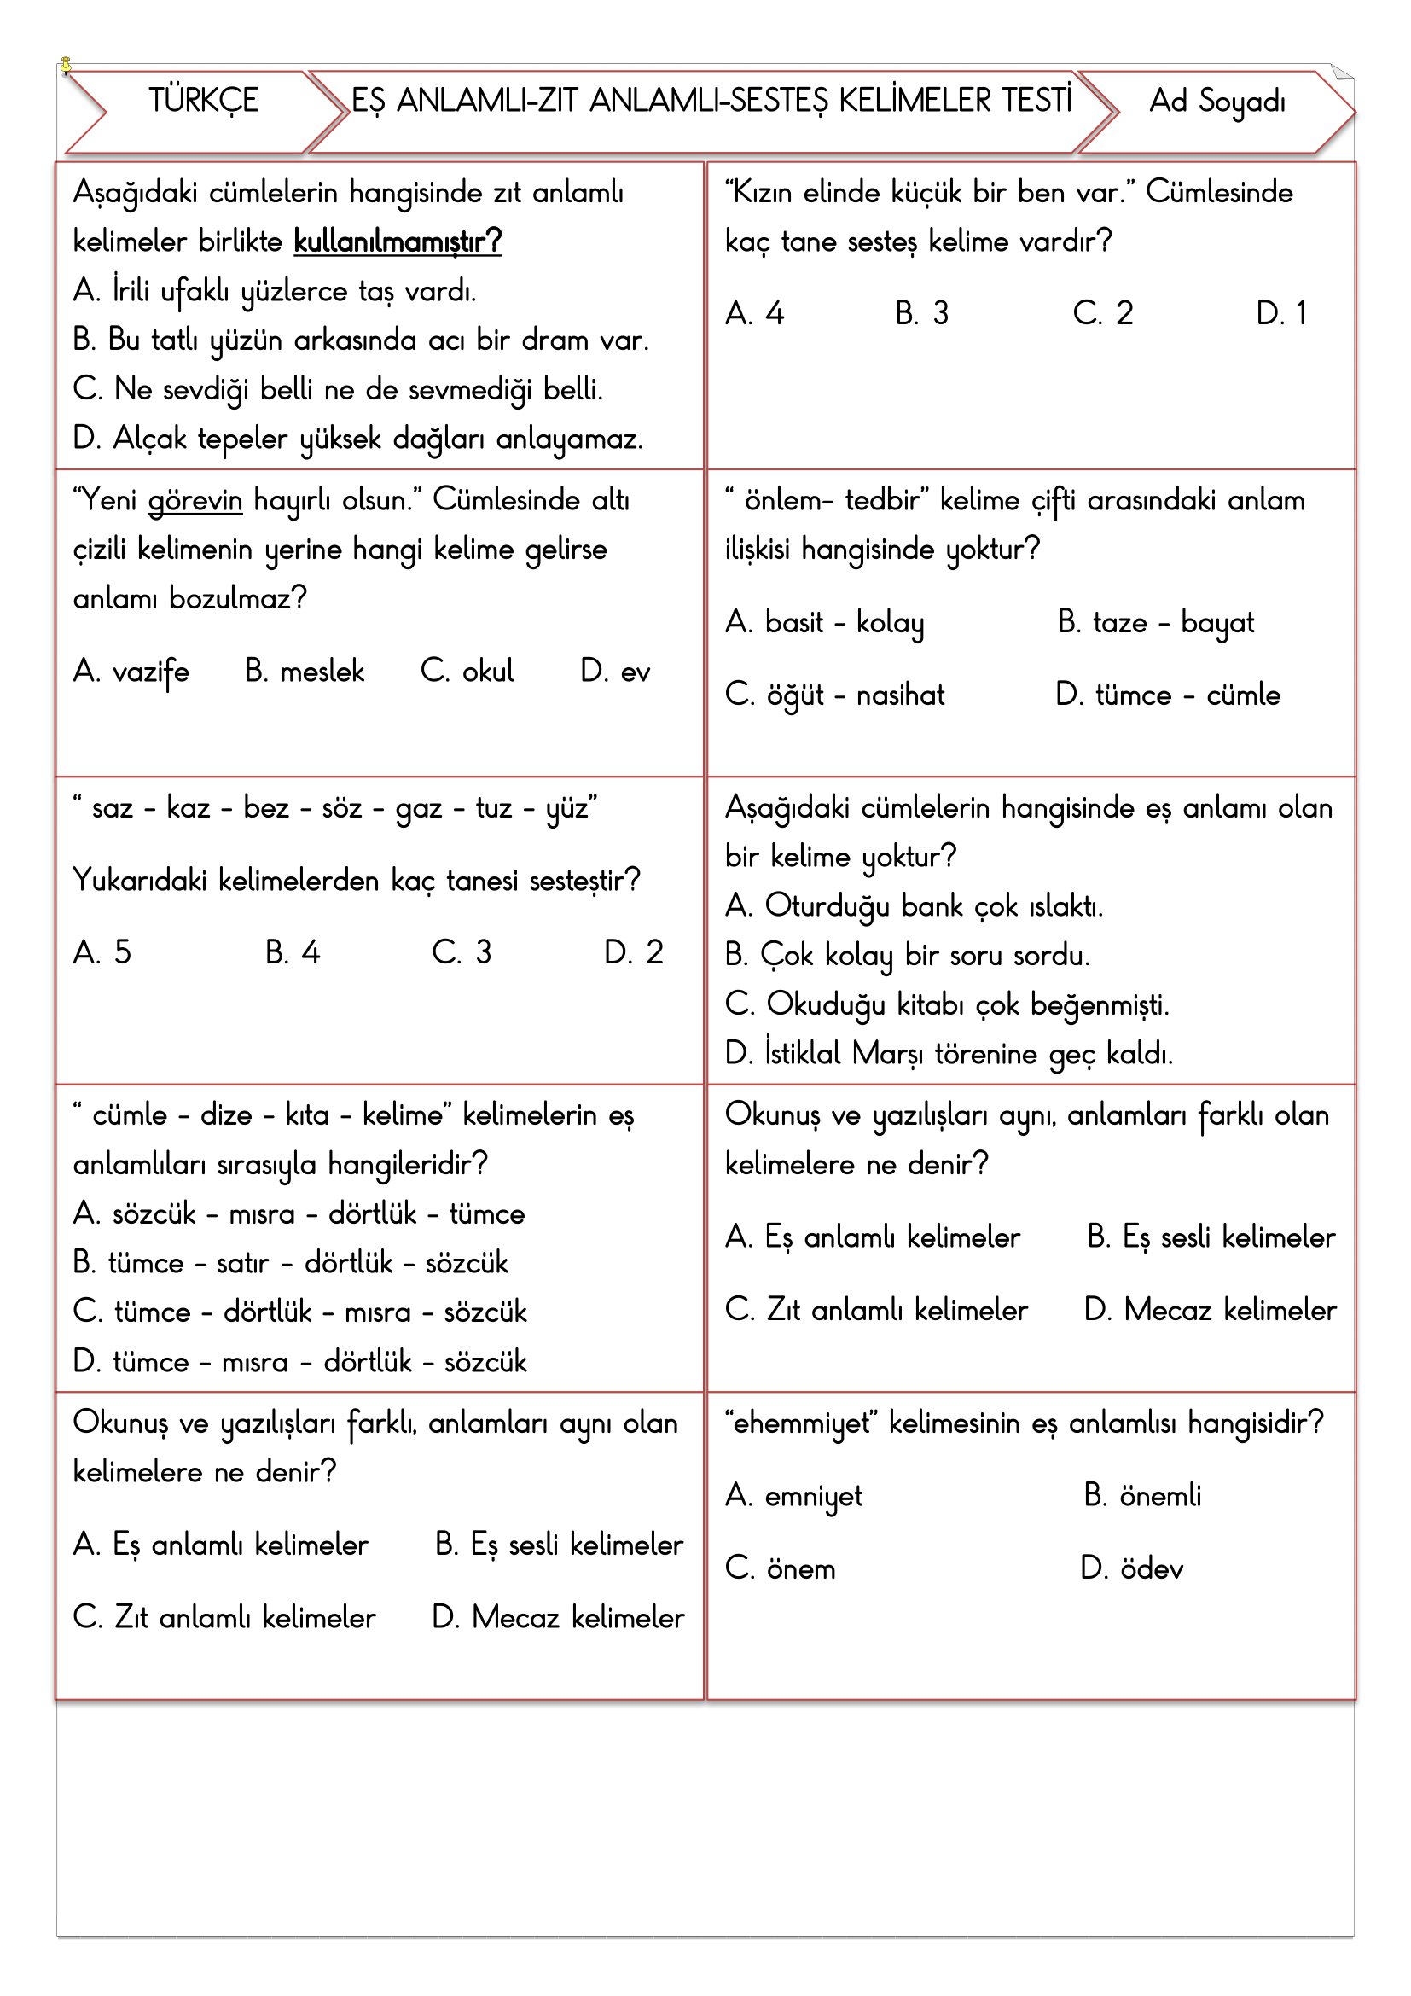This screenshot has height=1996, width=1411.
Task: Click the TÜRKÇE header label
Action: pos(203,101)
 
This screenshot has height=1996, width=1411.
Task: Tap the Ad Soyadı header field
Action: pos(1216,102)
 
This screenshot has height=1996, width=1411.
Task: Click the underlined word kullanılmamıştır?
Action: pos(398,241)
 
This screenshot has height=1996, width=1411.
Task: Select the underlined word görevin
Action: pos(195,502)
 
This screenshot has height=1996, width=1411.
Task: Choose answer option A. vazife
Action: pos(131,672)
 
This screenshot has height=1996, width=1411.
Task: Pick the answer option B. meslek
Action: pos(305,672)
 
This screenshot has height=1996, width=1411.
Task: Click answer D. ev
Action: pos(615,672)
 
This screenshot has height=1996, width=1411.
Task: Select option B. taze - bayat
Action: pos(1156,623)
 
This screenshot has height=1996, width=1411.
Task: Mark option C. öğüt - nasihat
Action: pos(835,695)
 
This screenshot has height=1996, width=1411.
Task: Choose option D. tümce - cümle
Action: pos(1168,695)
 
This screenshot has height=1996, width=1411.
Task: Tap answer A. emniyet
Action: pos(794,1496)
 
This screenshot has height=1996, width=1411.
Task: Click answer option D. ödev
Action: pos(1131,1569)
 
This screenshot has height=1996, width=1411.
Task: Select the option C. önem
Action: pos(781,1569)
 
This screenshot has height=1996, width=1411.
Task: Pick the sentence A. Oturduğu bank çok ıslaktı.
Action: pos(914,907)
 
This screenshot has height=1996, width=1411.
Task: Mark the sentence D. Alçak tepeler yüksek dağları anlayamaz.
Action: pos(358,439)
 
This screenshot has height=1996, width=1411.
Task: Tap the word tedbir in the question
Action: pos(882,502)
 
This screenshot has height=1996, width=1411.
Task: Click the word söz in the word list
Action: pos(341,808)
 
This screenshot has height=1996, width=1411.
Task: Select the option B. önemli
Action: pos(1142,1496)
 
